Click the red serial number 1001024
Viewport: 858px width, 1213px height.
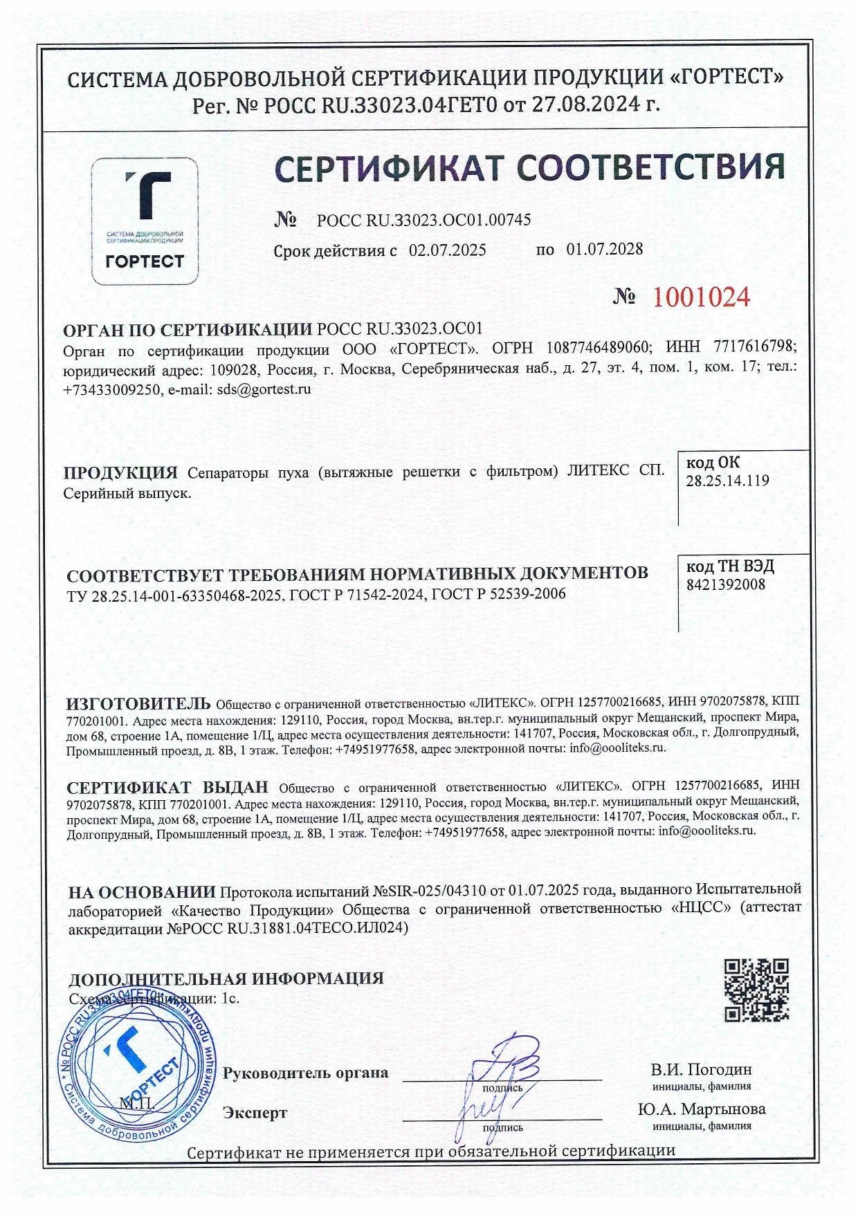(701, 297)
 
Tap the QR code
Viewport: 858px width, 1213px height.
(756, 990)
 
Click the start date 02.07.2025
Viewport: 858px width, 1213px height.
(448, 250)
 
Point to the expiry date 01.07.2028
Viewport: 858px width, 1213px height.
(605, 249)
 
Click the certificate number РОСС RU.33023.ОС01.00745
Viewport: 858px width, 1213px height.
(423, 221)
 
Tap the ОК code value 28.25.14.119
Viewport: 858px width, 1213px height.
(727, 481)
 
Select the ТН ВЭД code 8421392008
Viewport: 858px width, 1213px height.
(726, 584)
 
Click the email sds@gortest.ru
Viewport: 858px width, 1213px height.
(264, 389)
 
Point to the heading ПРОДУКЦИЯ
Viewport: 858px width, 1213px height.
(121, 473)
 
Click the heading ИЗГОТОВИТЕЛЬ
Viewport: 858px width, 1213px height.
(138, 704)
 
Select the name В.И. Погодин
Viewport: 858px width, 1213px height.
(701, 1070)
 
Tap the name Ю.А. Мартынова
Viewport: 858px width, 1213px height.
(701, 1109)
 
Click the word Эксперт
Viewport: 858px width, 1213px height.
(255, 1113)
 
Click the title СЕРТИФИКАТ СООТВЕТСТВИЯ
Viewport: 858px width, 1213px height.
(529, 168)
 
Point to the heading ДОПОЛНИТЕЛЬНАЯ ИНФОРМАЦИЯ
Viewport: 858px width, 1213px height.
(226, 979)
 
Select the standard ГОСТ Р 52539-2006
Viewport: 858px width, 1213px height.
(498, 593)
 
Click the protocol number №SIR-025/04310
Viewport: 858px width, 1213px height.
(429, 889)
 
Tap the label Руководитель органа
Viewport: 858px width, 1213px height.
(305, 1073)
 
